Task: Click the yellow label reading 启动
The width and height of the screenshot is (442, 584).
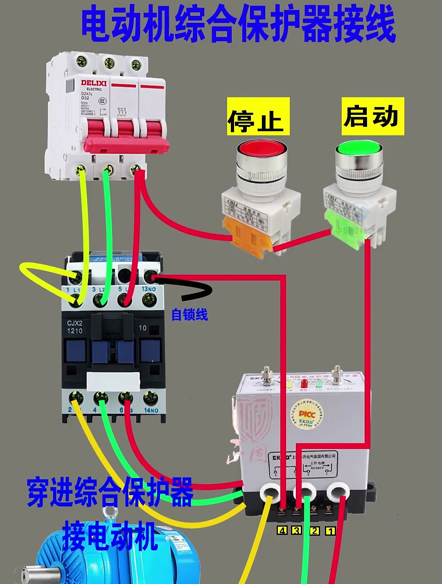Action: [372, 116]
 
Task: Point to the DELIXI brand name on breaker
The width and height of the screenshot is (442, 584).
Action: [93, 83]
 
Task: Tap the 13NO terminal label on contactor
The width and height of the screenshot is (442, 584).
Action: [149, 289]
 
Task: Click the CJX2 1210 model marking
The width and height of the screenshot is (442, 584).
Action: [74, 327]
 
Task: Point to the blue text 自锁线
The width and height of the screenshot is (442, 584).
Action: [189, 314]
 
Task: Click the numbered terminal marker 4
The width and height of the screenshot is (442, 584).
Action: [282, 531]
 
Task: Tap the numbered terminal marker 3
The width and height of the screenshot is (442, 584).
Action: [297, 531]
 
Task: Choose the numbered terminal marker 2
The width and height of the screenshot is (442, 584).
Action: [314, 531]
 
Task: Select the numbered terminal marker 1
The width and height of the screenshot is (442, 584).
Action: [330, 531]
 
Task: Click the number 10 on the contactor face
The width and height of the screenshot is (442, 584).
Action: [142, 328]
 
